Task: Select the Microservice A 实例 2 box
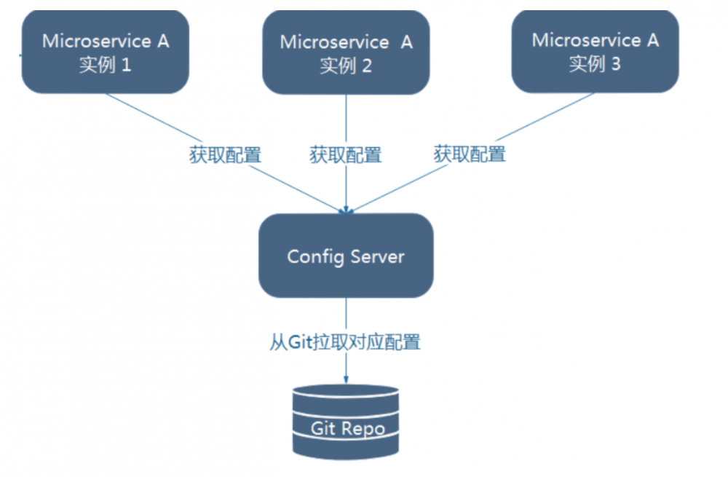click(346, 52)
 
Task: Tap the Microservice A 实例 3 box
click(595, 51)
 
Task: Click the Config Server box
click(346, 256)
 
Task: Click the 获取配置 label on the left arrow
click(225, 154)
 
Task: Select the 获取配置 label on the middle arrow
click(346, 154)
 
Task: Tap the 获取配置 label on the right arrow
click(470, 154)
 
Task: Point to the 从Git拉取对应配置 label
click(346, 342)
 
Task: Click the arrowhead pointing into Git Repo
click(346, 379)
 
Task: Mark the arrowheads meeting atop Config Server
click(347, 210)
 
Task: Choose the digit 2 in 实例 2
click(366, 66)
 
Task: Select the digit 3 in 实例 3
click(615, 64)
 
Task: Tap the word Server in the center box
click(376, 256)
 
